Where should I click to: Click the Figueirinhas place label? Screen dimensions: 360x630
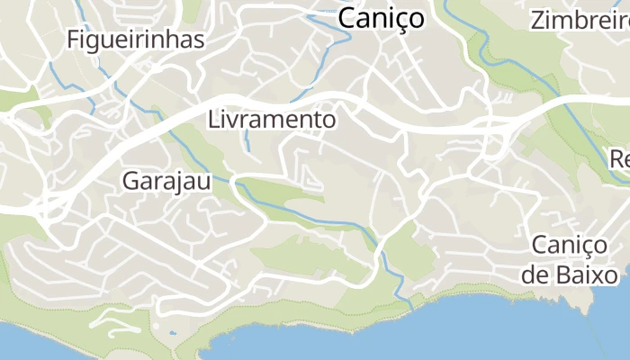coord(136,40)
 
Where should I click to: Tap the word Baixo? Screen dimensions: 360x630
coord(586,274)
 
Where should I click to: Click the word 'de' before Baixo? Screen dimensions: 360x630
coord(534,274)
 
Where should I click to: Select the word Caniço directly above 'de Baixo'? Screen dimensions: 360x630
coord(575,245)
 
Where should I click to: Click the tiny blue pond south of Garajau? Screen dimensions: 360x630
coord(173,333)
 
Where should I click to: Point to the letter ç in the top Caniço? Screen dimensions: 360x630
coord(403,20)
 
